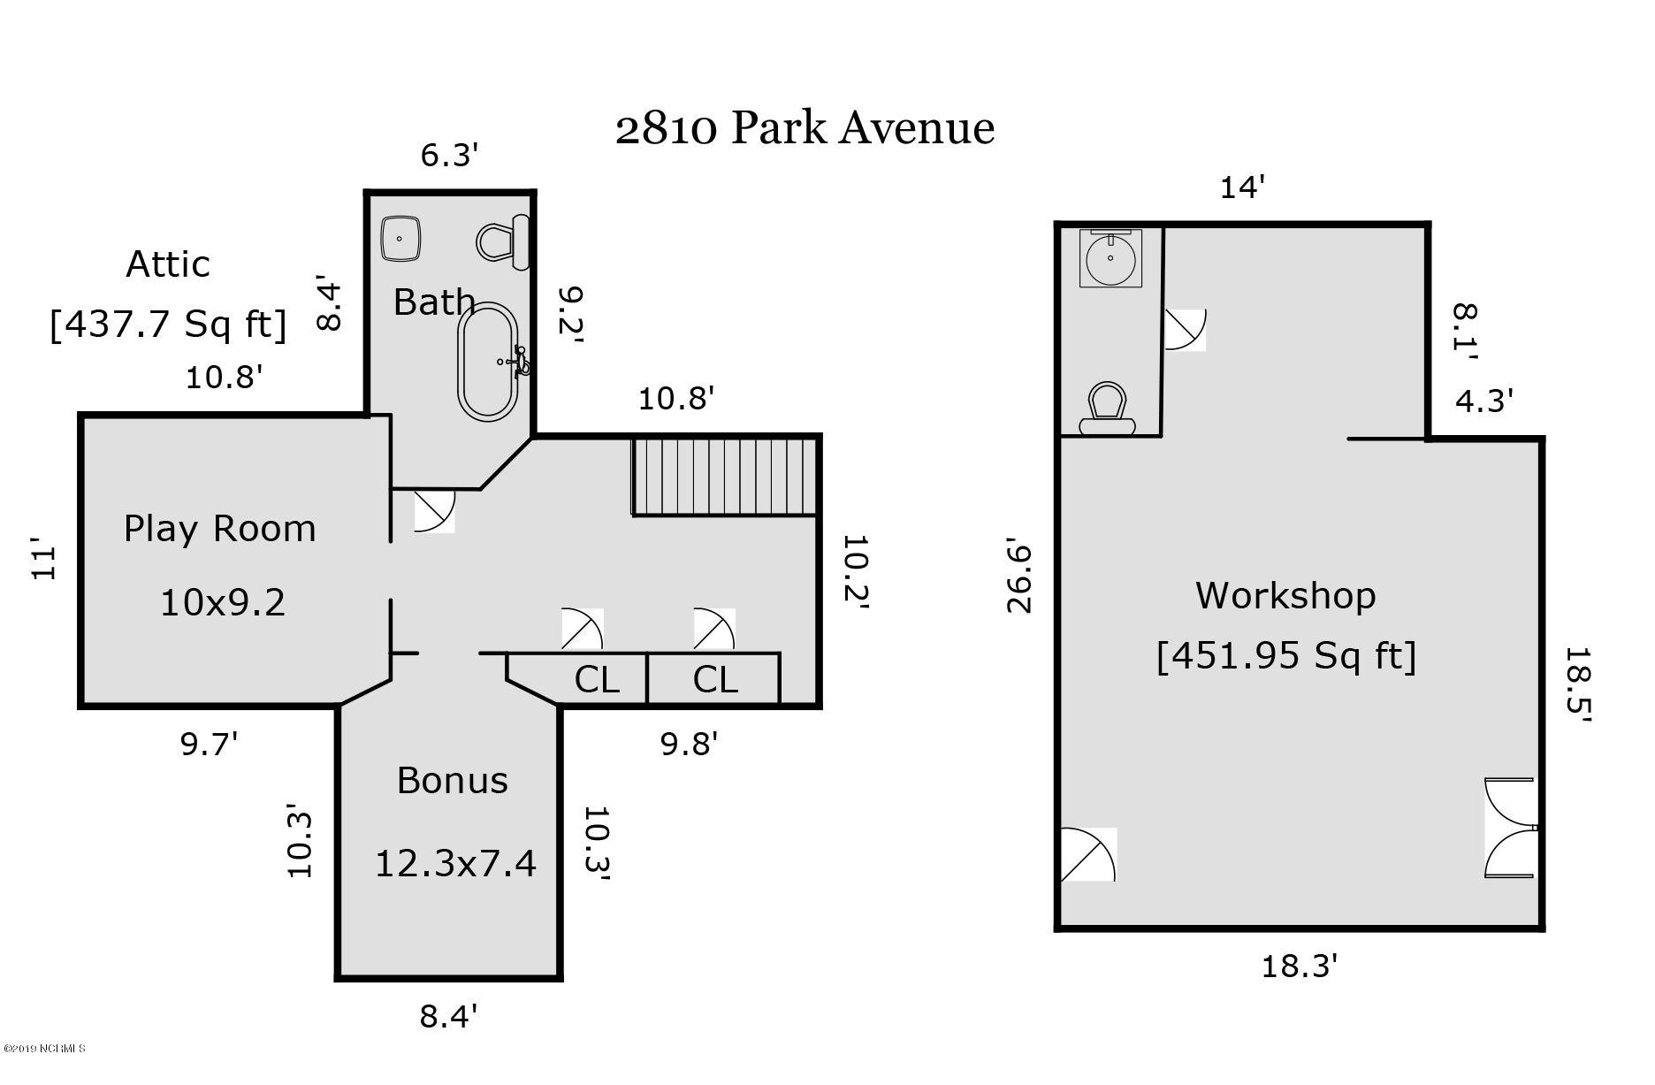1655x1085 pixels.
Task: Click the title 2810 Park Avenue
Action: pyautogui.click(x=805, y=128)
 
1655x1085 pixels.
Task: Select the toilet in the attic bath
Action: pyautogui.click(x=502, y=241)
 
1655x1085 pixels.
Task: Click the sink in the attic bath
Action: pyautogui.click(x=400, y=239)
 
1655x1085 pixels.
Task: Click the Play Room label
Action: pyautogui.click(x=219, y=529)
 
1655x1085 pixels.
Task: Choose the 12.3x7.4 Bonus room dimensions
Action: pyautogui.click(x=455, y=863)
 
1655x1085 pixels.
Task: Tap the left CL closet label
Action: pyautogui.click(x=597, y=680)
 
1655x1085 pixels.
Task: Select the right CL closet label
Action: pyautogui.click(x=714, y=680)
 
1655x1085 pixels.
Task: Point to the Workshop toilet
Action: pyautogui.click(x=1107, y=409)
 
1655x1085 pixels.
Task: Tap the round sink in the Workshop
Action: pyautogui.click(x=1110, y=257)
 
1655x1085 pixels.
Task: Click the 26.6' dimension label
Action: pyautogui.click(x=1019, y=578)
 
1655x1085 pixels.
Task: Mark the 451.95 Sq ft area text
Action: pyautogui.click(x=1286, y=656)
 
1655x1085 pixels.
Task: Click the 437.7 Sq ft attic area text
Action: pyautogui.click(x=168, y=324)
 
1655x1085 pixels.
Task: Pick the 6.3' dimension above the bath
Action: pyautogui.click(x=449, y=156)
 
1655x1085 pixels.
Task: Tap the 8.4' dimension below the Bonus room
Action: pyautogui.click(x=449, y=1016)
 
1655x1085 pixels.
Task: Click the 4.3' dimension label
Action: pyautogui.click(x=1484, y=401)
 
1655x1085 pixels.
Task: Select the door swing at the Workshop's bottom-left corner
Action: pyautogui.click(x=1088, y=854)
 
